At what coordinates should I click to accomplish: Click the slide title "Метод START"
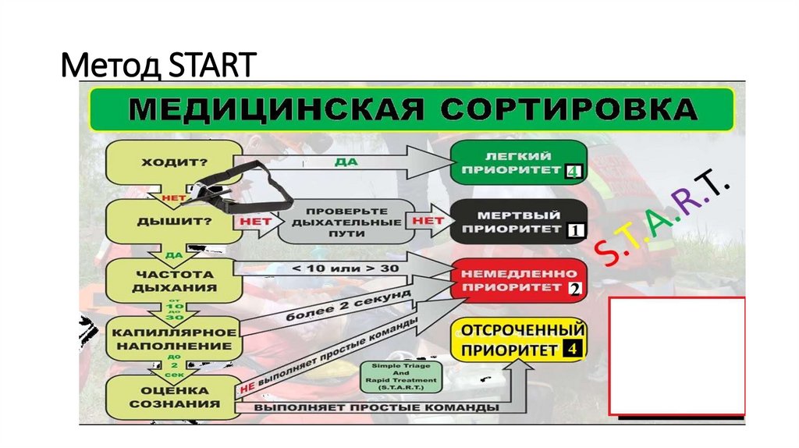158,65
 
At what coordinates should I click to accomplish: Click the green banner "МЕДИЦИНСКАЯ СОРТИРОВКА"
412,109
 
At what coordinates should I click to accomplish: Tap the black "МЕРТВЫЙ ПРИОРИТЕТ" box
518,221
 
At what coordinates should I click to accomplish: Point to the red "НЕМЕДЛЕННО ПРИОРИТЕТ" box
518,280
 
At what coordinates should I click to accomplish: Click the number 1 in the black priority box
575,231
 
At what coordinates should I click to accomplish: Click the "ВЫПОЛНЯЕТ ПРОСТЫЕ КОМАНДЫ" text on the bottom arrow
370,407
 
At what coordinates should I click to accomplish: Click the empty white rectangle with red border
676,356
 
